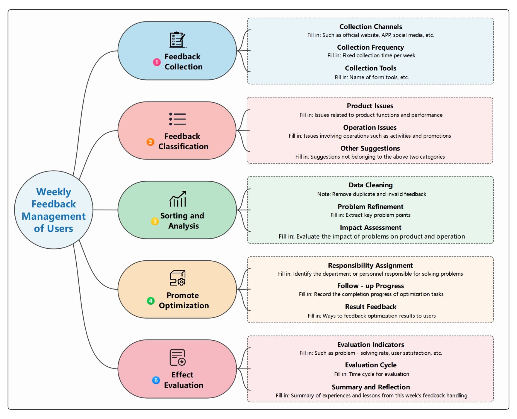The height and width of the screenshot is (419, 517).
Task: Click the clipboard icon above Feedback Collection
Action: point(178,40)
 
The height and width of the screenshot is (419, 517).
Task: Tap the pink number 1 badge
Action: point(157,62)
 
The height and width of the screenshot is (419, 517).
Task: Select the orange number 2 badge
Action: point(150,142)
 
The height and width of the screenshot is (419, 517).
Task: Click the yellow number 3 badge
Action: point(154,221)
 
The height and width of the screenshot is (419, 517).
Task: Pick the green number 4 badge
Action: point(151,301)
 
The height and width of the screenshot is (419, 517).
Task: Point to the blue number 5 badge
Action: point(156,380)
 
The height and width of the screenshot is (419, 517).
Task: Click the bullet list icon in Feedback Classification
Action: point(178,119)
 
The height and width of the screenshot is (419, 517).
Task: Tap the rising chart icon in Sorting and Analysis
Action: point(178,199)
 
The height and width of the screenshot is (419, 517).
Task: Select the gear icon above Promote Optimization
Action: point(181,282)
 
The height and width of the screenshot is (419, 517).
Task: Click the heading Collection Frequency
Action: point(370,47)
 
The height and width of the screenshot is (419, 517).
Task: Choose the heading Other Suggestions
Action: point(370,148)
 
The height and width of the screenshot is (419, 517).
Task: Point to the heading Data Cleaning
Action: point(371,185)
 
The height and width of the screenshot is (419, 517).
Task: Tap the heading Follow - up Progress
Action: point(370,286)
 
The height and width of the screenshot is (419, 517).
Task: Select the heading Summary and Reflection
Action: point(371,387)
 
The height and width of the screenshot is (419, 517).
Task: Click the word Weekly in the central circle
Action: point(54,192)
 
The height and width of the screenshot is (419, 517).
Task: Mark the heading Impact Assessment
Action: point(371,227)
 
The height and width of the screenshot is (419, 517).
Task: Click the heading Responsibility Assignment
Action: point(370,265)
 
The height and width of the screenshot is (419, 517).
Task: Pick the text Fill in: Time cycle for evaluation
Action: point(372,374)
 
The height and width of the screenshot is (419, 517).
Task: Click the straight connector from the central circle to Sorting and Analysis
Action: point(105,210)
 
